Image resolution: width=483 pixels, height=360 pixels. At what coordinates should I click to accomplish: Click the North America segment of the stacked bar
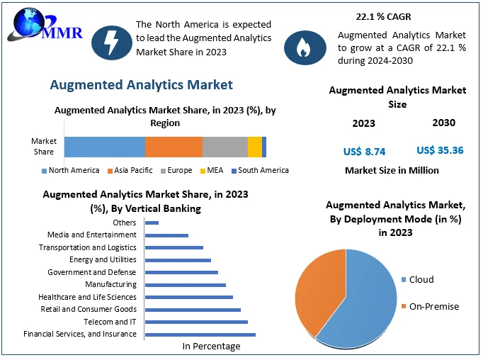(x=104, y=147)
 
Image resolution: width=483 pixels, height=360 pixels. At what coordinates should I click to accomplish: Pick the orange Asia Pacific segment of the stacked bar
(x=174, y=147)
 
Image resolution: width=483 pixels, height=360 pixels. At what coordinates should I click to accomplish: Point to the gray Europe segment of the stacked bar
(x=225, y=147)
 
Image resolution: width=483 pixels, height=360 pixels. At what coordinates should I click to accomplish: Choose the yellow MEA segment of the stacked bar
(x=254, y=147)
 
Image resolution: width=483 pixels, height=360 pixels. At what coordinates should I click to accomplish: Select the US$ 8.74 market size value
(x=364, y=151)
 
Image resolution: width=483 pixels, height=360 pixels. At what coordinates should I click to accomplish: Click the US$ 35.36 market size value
(x=440, y=150)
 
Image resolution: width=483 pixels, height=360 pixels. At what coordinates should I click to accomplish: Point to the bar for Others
(x=152, y=223)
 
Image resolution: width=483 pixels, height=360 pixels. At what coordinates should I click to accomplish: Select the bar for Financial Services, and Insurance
(x=200, y=334)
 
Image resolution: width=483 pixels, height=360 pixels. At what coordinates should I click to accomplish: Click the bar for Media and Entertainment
(x=166, y=235)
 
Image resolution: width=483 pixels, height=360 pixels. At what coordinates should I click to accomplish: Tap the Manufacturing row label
(x=111, y=285)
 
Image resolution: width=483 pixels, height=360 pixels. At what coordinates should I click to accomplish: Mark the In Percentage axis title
(x=211, y=347)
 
